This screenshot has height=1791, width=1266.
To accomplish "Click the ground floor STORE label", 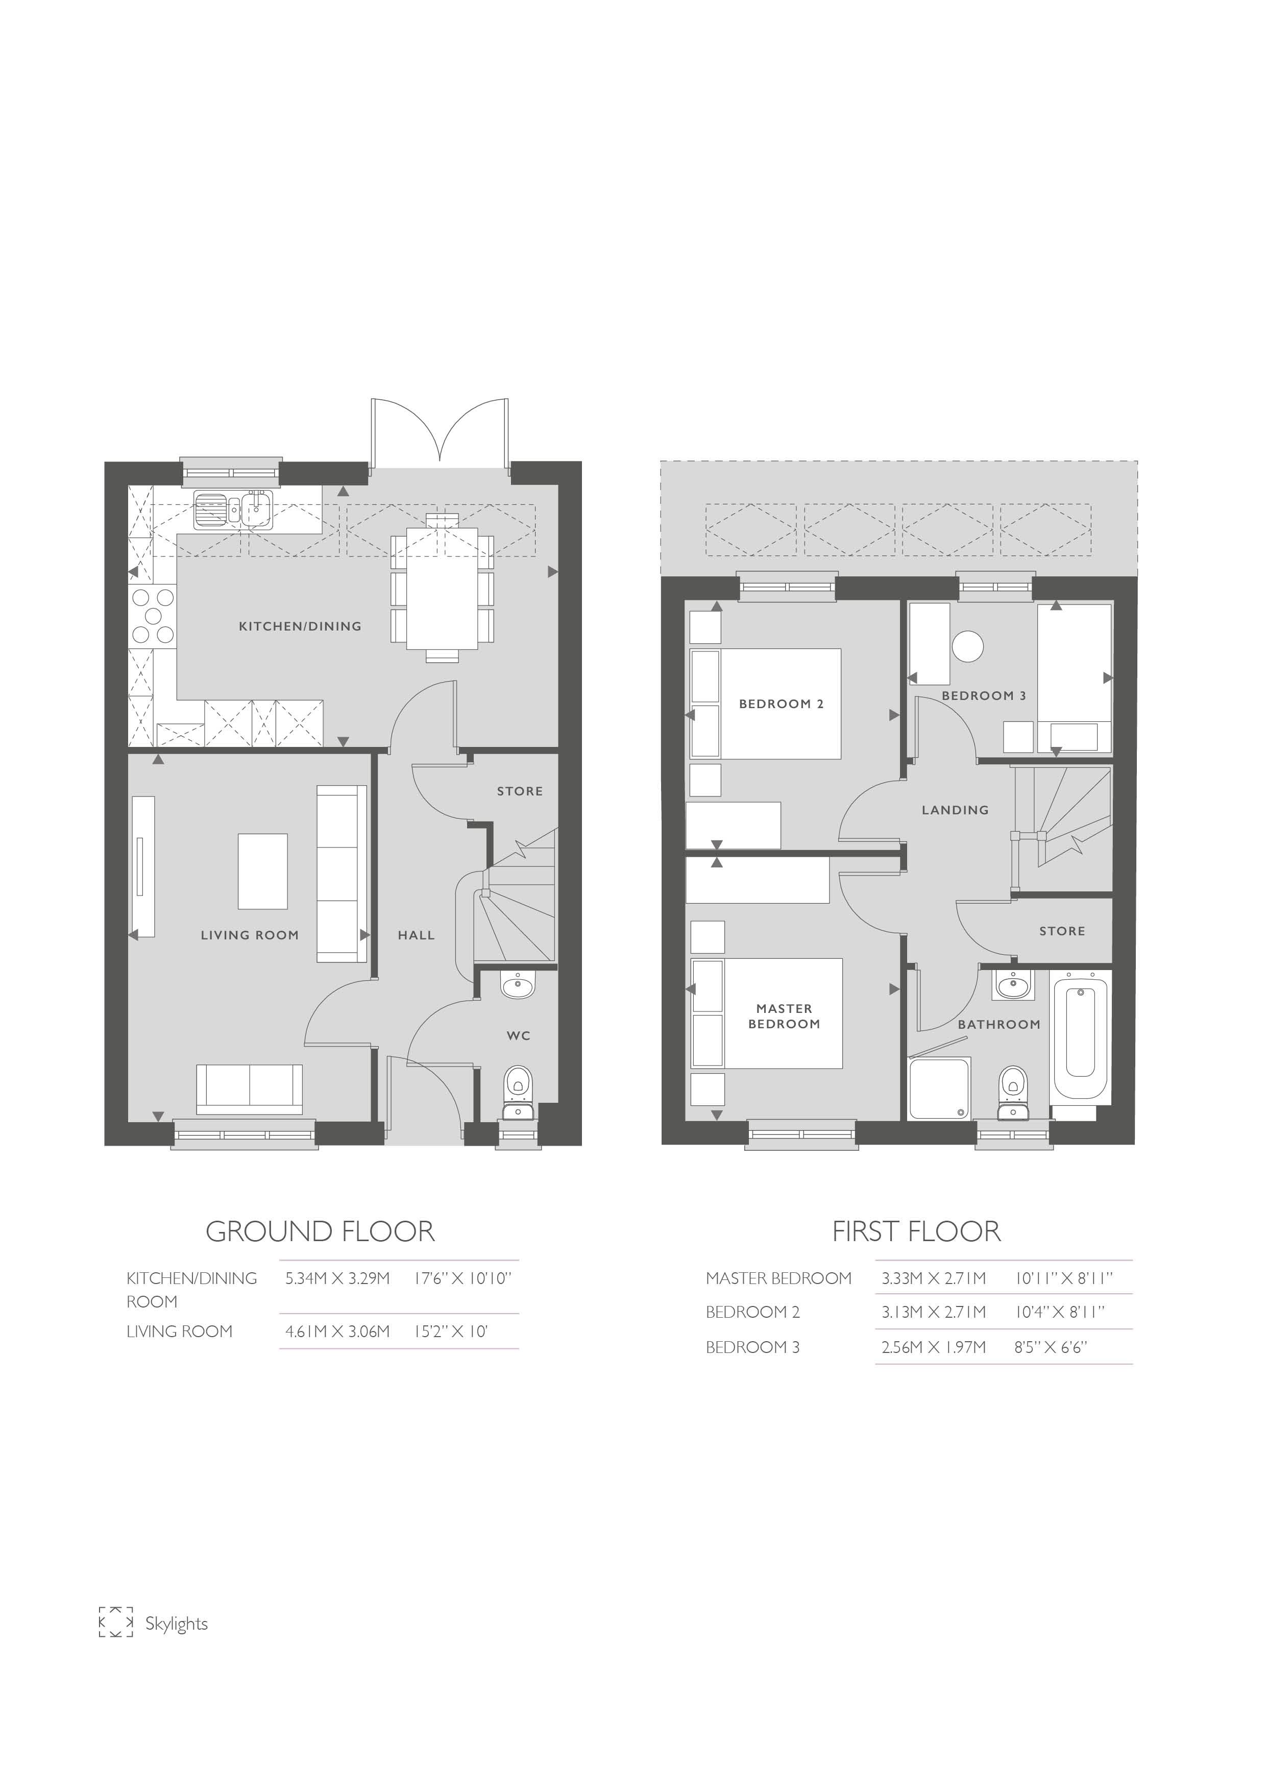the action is click(520, 791).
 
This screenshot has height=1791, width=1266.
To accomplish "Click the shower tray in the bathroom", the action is click(940, 1087).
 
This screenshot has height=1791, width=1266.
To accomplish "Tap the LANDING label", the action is click(955, 810).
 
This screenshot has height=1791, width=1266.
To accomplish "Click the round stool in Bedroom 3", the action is click(968, 646).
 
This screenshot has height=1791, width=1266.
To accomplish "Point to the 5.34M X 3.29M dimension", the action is click(337, 1278).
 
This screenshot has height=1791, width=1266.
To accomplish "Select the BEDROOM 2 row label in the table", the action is click(753, 1312).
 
